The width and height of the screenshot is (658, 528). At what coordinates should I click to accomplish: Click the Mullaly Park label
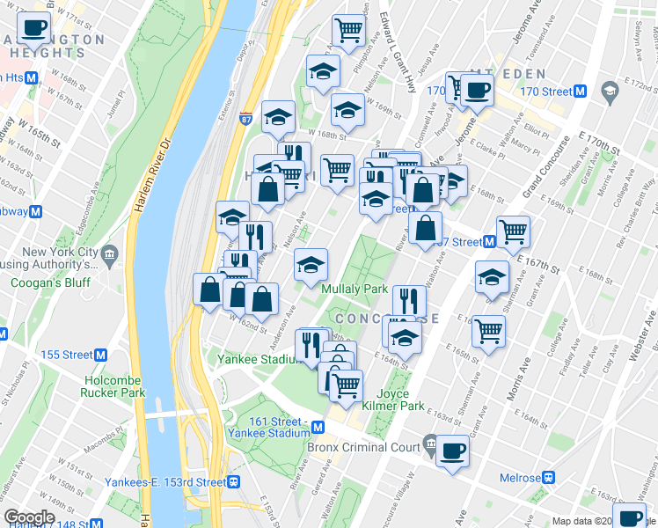tap(355, 289)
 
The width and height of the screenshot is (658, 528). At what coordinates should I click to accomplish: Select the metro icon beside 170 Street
tap(580, 91)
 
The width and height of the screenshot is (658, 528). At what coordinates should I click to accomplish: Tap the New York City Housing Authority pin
tap(108, 255)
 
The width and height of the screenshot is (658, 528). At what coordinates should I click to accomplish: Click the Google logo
tap(29, 517)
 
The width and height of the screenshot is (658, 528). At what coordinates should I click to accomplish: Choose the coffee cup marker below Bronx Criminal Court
tap(452, 450)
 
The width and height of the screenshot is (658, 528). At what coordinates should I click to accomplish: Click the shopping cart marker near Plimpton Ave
tap(349, 29)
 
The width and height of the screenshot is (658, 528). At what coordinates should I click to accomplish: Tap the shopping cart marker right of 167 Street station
tap(513, 231)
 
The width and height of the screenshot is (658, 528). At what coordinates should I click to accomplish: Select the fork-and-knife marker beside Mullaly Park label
tap(407, 300)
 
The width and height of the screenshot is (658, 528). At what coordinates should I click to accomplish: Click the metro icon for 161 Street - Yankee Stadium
tap(318, 427)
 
